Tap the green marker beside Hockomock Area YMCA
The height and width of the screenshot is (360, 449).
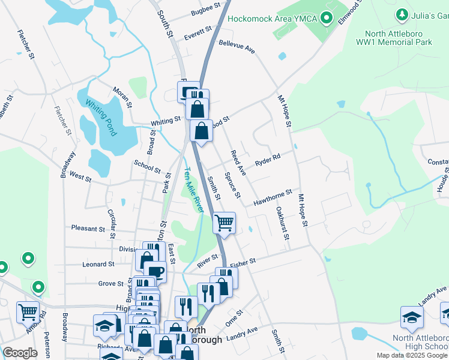327,19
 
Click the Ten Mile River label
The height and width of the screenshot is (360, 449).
194,188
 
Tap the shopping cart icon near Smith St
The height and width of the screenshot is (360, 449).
224,223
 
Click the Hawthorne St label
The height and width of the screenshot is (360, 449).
273,197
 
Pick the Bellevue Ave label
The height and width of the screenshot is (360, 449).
237,47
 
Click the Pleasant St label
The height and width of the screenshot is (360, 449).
88,229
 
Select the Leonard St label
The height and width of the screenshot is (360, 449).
98,264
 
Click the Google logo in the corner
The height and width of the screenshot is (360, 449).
20,353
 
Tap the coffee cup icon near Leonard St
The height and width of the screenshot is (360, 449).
155,271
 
